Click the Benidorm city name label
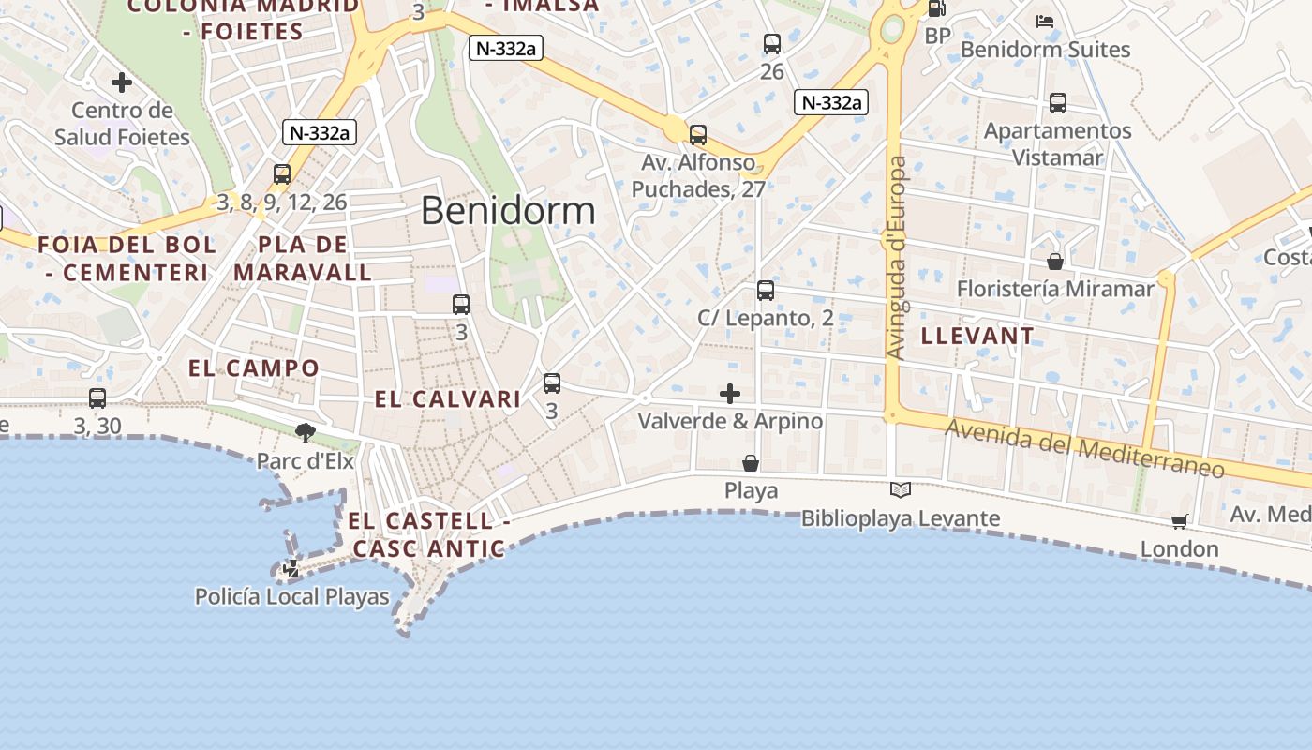click(x=508, y=211)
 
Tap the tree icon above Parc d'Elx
click(x=305, y=432)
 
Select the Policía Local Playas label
click(x=291, y=596)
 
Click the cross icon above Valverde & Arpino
click(x=730, y=394)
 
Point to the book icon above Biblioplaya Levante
click(x=900, y=489)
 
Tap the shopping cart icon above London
click(x=1179, y=521)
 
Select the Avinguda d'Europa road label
click(x=897, y=258)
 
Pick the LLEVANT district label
click(x=977, y=336)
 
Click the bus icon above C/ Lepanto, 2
click(x=766, y=291)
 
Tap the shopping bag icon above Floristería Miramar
click(x=1055, y=262)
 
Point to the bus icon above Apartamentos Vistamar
click(x=1058, y=103)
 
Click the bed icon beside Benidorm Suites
click(x=1045, y=22)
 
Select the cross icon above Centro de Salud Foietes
click(x=122, y=82)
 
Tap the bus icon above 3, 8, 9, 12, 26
click(x=282, y=174)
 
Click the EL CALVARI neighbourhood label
click(x=448, y=399)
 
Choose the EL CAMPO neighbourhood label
click(x=254, y=367)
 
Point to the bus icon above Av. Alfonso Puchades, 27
click(x=698, y=135)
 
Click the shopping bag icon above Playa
click(x=751, y=463)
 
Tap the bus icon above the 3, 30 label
click(x=97, y=398)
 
